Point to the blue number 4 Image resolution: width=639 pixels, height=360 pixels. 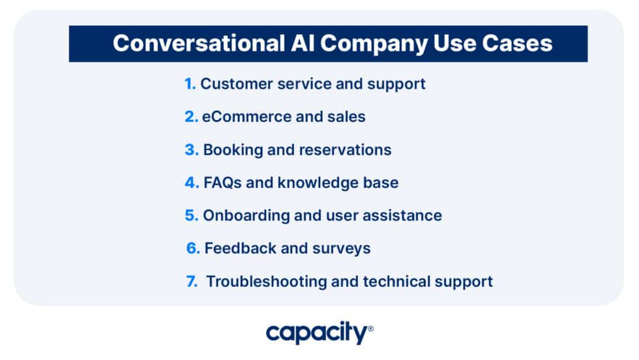pyautogui.click(x=191, y=183)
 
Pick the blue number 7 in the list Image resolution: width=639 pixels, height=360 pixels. pyautogui.click(x=191, y=282)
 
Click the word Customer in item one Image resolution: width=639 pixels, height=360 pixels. pyautogui.click(x=233, y=83)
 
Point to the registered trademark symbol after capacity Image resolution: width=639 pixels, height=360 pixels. pyautogui.click(x=371, y=329)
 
